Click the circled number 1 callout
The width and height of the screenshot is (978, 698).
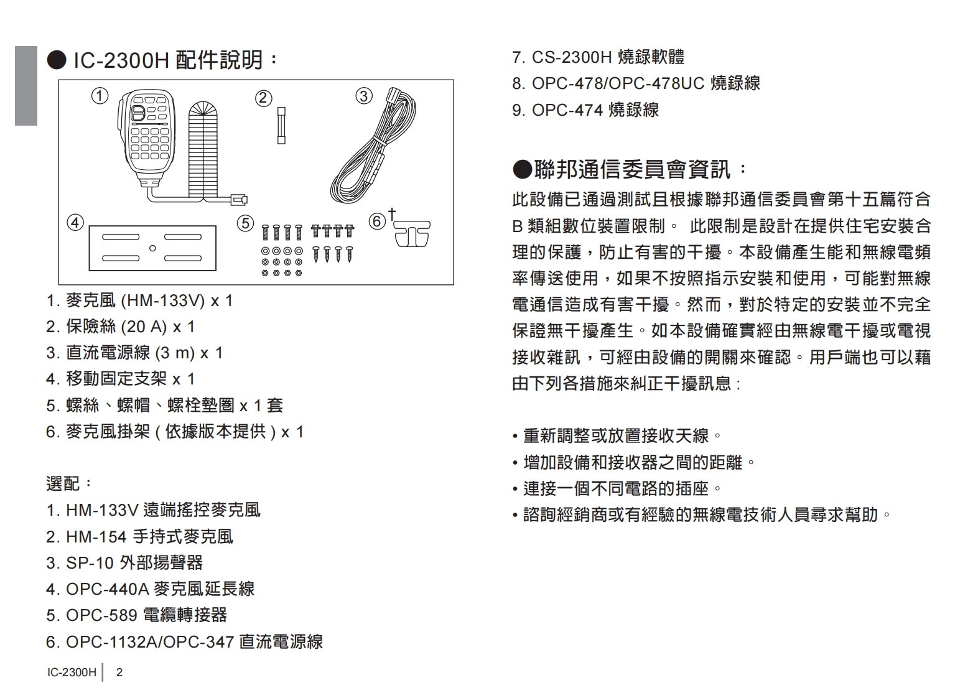point(100,96)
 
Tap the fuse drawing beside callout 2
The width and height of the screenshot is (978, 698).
point(281,126)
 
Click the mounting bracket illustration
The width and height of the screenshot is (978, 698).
point(152,248)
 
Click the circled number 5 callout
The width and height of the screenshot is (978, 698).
point(246,223)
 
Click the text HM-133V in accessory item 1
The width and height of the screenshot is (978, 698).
point(162,301)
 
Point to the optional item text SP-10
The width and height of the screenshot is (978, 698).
point(90,563)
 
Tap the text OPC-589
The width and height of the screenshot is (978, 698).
point(101,615)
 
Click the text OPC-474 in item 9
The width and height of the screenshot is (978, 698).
point(567,110)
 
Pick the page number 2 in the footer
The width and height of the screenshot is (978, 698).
point(119,672)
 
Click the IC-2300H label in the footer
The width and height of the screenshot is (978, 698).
point(72,672)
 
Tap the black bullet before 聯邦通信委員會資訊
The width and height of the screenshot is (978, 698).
point(522,169)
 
